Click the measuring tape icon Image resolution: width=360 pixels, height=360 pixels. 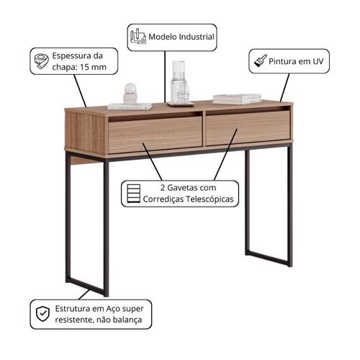(x=41, y=61)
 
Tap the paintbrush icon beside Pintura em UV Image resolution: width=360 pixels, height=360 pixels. (x=260, y=60)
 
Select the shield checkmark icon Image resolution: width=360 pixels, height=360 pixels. (x=42, y=314)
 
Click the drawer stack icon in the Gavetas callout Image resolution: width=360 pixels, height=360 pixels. (x=133, y=194)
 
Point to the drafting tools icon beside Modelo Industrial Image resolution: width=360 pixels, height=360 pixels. (x=138, y=36)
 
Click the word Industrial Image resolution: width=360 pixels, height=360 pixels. (x=197, y=37)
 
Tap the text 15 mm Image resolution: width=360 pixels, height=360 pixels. (x=93, y=67)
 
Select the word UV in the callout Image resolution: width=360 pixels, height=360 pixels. (x=318, y=61)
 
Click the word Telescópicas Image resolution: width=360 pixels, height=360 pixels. (x=210, y=199)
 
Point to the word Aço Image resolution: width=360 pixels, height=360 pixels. (x=113, y=309)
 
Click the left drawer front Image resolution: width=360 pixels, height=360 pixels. (x=156, y=135)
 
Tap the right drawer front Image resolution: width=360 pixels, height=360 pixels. (x=248, y=127)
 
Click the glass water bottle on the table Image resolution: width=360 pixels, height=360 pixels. (x=179, y=82)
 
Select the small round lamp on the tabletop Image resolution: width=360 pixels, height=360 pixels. (x=130, y=94)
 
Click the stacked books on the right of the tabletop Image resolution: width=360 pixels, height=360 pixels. (x=237, y=99)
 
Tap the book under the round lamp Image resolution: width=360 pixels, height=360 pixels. (x=130, y=106)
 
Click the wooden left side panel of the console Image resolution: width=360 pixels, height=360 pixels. (x=86, y=132)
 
